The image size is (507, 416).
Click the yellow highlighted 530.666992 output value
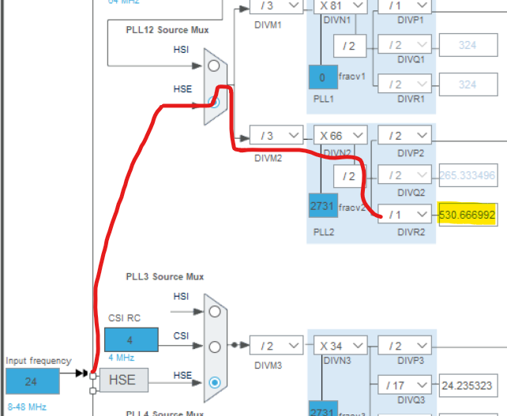click(x=467, y=214)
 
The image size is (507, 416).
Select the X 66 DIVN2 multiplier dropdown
click(x=341, y=135)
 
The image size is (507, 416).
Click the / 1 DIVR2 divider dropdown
click(x=404, y=214)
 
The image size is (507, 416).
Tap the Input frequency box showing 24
click(x=32, y=381)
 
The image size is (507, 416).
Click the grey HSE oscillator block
click(x=122, y=380)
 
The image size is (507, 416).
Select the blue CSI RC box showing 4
click(x=131, y=339)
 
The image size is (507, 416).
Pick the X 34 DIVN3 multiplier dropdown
click(x=341, y=346)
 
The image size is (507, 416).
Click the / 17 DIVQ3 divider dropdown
click(x=404, y=385)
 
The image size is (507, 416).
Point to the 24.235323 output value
click(x=467, y=385)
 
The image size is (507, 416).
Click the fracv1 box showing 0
click(x=322, y=78)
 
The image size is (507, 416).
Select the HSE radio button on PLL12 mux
click(x=213, y=102)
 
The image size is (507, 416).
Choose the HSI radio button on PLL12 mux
click(x=213, y=66)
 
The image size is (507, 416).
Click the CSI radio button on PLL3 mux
click(x=213, y=347)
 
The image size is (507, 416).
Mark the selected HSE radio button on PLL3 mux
click(x=213, y=382)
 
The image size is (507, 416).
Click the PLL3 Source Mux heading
click(x=164, y=277)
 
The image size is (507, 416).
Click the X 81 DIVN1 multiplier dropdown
click(x=341, y=6)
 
